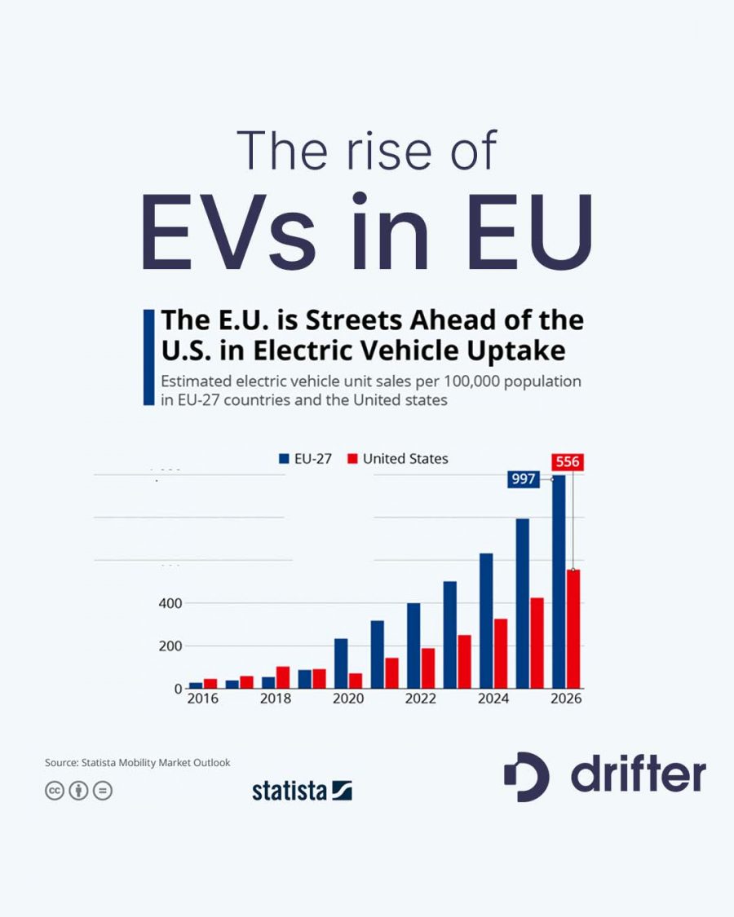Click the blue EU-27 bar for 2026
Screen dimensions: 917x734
(x=559, y=583)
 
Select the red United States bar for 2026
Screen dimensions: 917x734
(x=573, y=629)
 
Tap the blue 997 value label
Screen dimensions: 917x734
(x=524, y=479)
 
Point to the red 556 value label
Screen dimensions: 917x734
(x=567, y=462)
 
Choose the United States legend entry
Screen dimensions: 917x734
(x=397, y=459)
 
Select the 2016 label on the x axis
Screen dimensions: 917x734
(x=202, y=699)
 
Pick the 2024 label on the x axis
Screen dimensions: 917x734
(x=493, y=699)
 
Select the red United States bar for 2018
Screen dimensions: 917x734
(x=283, y=677)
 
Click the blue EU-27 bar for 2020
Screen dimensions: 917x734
(x=341, y=664)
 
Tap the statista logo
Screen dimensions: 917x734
(x=302, y=790)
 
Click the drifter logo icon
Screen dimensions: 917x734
(x=526, y=776)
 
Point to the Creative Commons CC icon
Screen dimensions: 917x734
(x=55, y=790)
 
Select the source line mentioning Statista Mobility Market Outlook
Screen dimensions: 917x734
(x=137, y=762)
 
